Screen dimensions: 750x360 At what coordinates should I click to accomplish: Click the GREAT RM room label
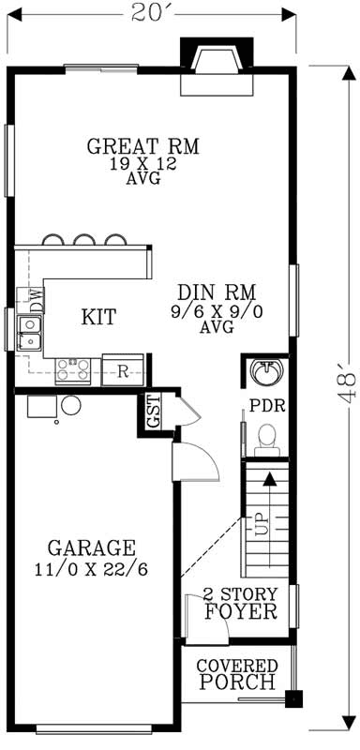tap(143, 147)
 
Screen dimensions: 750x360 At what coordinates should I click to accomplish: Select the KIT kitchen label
tap(98, 317)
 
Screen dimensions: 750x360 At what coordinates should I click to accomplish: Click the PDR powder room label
tap(266, 407)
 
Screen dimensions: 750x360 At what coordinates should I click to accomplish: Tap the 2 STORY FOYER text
tap(242, 604)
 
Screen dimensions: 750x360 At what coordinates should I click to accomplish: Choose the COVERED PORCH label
tap(236, 674)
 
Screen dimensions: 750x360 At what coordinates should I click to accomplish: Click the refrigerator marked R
tap(123, 368)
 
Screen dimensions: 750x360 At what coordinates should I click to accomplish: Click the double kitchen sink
tap(31, 332)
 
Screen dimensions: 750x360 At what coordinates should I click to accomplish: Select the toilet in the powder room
tap(266, 436)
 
